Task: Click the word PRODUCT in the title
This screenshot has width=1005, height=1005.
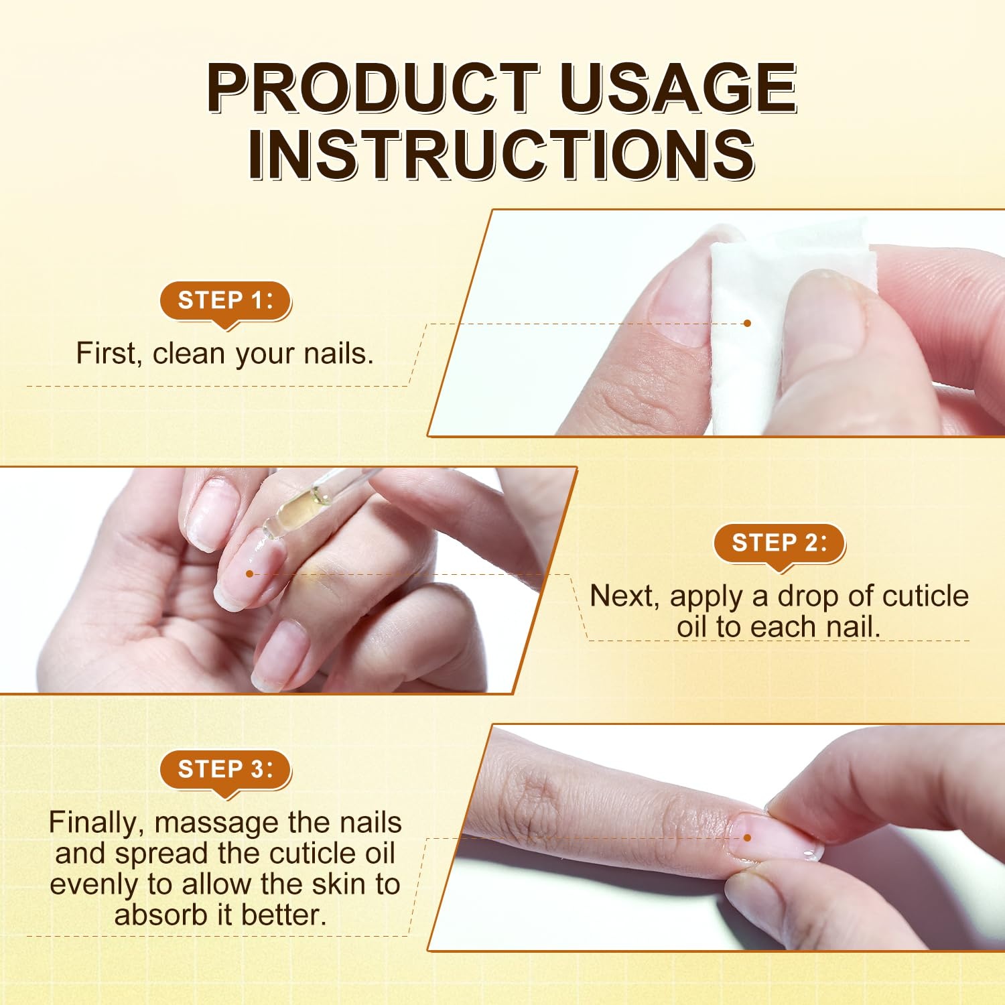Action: [373, 88]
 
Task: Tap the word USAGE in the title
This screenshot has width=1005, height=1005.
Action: [678, 88]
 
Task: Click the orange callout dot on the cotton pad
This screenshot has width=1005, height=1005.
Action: [748, 323]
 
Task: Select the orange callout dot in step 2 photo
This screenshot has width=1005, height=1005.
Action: [249, 574]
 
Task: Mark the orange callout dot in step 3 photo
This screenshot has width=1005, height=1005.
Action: [748, 837]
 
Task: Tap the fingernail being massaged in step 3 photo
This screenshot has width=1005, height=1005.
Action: [777, 837]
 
